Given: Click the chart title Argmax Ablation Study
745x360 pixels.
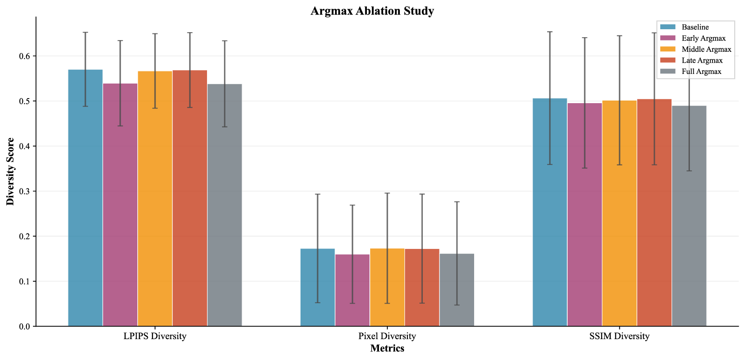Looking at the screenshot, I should (x=372, y=11).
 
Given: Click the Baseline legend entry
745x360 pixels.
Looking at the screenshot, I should (x=695, y=27).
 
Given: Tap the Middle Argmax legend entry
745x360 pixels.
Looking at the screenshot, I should (x=706, y=49).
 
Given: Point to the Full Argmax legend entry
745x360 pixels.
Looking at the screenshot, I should (x=701, y=71).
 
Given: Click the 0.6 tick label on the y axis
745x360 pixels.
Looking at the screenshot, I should (x=25, y=56).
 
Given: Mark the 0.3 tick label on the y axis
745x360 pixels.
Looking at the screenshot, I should (x=25, y=191).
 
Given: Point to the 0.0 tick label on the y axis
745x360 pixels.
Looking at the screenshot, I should (x=25, y=326).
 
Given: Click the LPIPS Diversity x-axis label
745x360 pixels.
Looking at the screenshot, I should (x=155, y=336).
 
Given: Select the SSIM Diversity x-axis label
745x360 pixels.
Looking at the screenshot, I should (x=619, y=336).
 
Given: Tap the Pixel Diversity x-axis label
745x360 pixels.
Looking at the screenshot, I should (x=387, y=336).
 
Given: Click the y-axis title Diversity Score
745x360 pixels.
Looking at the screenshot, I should (x=10, y=171).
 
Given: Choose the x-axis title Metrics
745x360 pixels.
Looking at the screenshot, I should (x=387, y=348).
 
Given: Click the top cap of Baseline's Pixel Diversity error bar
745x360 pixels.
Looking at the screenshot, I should (x=318, y=194).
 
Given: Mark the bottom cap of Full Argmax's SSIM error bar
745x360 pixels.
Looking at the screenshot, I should (x=689, y=171).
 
